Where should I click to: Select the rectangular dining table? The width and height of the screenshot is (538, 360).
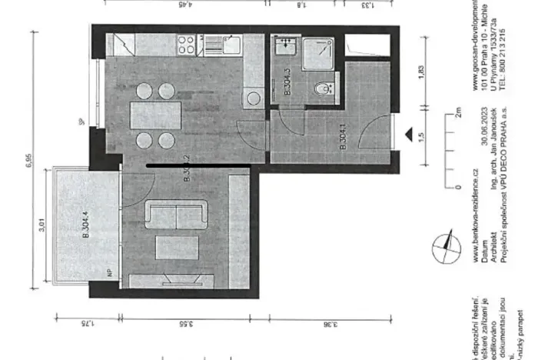point(152,116)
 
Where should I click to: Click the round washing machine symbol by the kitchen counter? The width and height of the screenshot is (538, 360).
point(252,98)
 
